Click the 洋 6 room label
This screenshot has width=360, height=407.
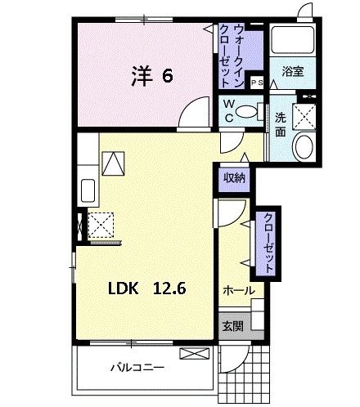pyautogui.click(x=151, y=76)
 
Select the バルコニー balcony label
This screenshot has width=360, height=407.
pyautogui.click(x=138, y=367)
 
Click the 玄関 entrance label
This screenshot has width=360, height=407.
pyautogui.click(x=232, y=325)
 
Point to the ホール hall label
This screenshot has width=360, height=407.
pyautogui.click(x=238, y=290)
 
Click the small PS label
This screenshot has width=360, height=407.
pyautogui.click(x=256, y=83)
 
